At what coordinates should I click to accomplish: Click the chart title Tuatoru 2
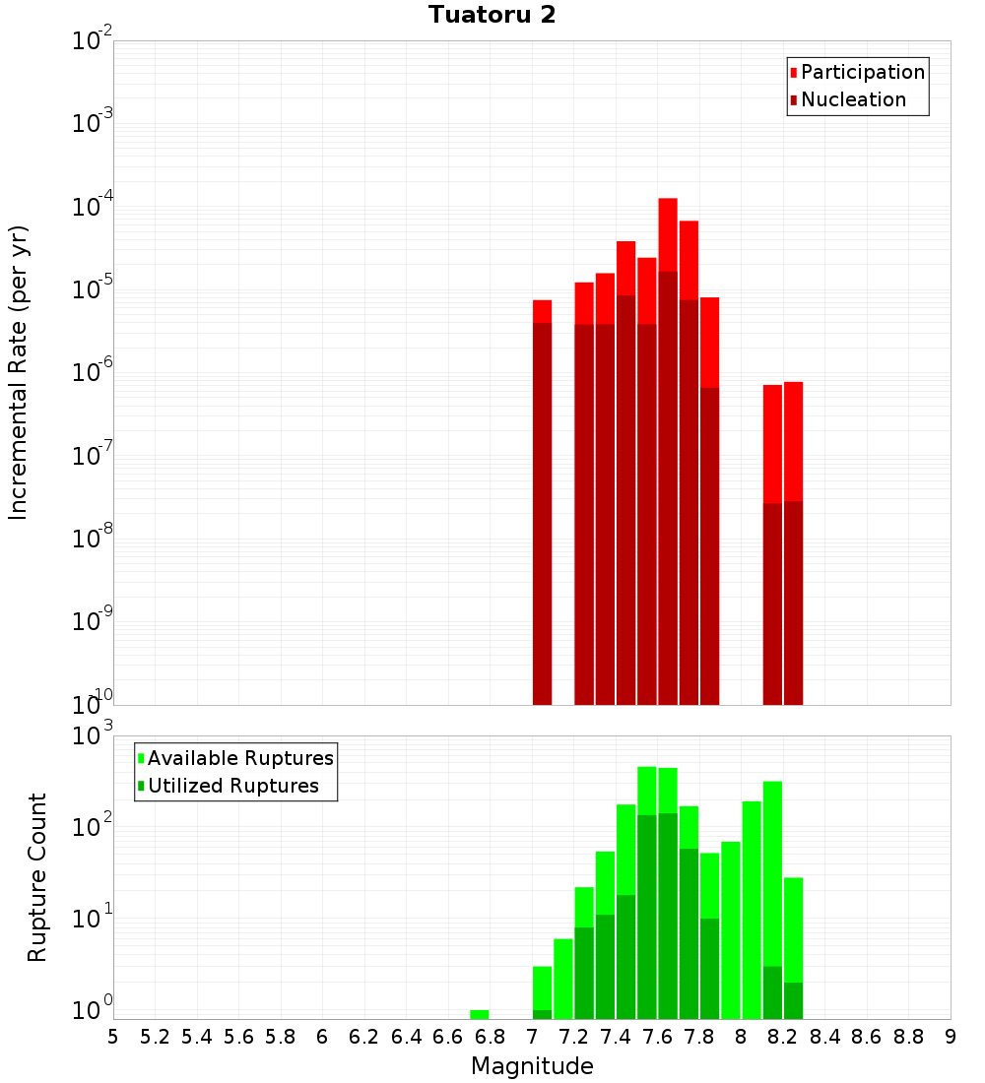tap(492, 15)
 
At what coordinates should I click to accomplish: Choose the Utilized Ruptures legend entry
tap(232, 786)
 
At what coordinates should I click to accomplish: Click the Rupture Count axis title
tap(37, 876)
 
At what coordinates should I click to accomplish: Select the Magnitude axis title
tap(532, 1066)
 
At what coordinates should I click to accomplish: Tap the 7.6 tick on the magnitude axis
tap(657, 1037)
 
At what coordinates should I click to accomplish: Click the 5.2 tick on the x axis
tap(155, 1037)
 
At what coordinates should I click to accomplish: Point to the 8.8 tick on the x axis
tap(908, 1037)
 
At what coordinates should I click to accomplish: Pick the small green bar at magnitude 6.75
tap(480, 1014)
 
